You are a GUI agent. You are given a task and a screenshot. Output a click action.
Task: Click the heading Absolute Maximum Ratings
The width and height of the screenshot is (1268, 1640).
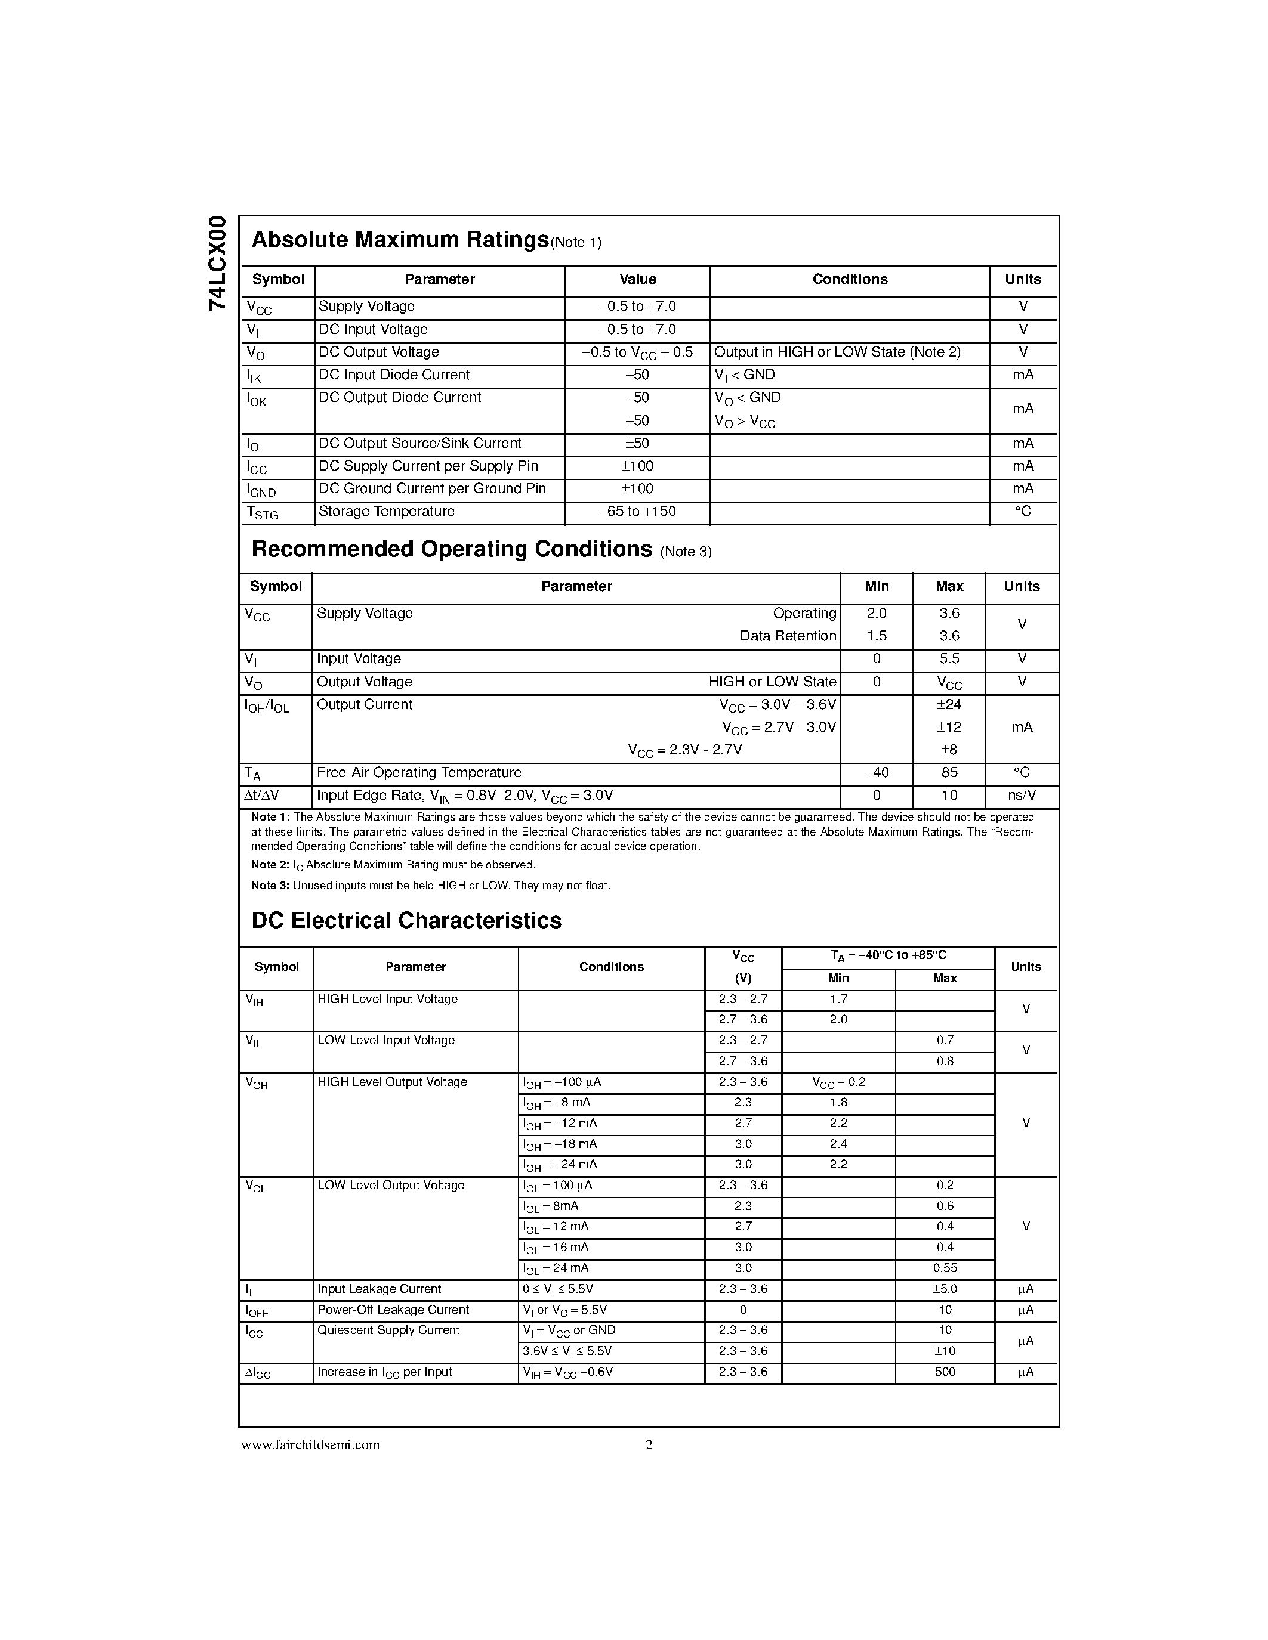(x=400, y=240)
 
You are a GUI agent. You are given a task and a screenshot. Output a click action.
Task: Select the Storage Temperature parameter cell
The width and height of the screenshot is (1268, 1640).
(x=386, y=511)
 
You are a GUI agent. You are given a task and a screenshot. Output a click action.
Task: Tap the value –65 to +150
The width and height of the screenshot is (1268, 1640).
(x=637, y=511)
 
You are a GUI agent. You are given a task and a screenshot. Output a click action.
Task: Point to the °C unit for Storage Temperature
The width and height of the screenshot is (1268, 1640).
(x=1022, y=511)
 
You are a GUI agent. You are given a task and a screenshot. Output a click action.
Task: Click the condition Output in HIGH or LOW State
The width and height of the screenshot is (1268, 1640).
(x=837, y=352)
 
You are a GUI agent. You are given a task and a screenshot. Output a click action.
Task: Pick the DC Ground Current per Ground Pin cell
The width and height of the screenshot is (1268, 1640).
(x=432, y=489)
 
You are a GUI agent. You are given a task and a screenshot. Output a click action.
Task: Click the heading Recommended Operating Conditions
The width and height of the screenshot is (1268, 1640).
(x=452, y=550)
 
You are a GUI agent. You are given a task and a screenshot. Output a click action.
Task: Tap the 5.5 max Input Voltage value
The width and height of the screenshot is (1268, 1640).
(x=949, y=658)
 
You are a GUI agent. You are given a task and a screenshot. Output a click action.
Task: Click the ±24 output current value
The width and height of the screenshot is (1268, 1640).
(x=949, y=704)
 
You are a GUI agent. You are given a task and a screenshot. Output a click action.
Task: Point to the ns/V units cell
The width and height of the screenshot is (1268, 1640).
(x=1022, y=795)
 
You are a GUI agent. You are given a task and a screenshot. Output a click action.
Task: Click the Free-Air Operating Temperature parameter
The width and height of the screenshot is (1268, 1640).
(x=418, y=773)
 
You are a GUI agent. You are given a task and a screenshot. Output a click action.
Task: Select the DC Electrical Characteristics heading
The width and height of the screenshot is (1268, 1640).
(x=406, y=921)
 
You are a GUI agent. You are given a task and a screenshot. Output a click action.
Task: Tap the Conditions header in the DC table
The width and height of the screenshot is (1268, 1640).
(x=610, y=967)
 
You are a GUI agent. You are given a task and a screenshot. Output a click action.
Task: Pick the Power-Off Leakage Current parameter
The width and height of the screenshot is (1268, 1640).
(x=393, y=1310)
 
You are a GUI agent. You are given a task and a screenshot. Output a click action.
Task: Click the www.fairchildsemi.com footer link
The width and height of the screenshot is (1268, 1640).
(x=310, y=1445)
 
